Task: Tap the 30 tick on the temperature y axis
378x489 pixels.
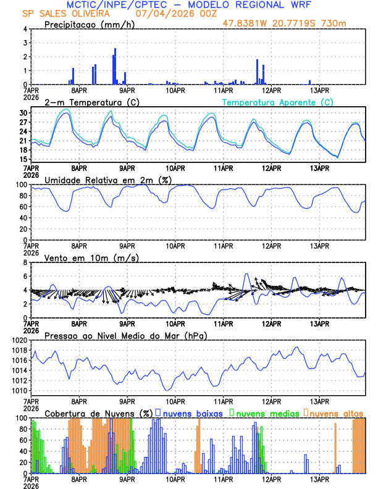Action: (22, 114)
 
